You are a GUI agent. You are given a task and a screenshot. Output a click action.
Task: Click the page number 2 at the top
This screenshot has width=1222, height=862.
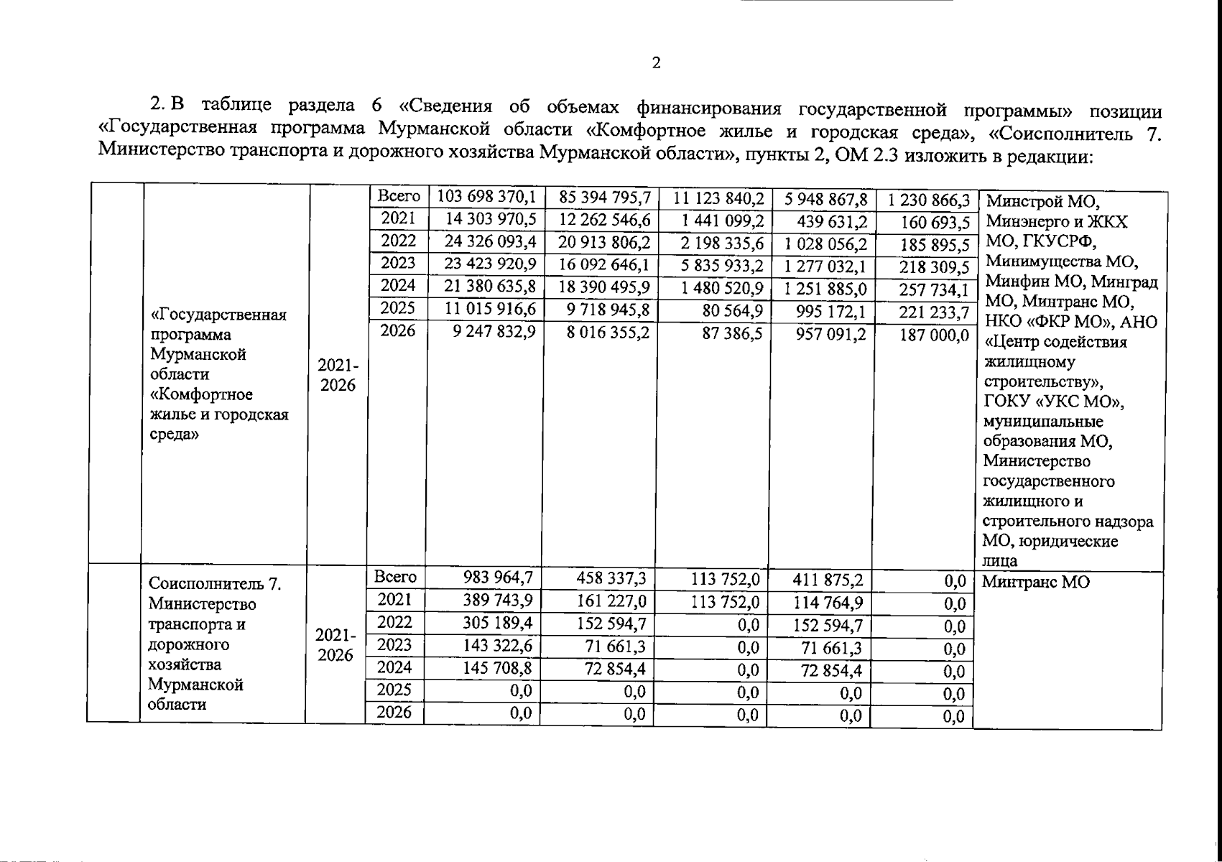[x=655, y=63]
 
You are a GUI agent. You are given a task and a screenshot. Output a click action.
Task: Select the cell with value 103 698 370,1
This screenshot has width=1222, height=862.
[x=487, y=197]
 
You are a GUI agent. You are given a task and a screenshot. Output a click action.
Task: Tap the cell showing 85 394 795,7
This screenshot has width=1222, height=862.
[x=604, y=197]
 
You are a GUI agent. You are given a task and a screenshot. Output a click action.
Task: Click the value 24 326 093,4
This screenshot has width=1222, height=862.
[x=490, y=241]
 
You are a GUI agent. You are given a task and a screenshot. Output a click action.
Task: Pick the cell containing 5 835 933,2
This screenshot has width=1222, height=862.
[x=722, y=266]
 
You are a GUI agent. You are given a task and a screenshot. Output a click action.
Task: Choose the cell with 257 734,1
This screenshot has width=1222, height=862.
[x=934, y=290]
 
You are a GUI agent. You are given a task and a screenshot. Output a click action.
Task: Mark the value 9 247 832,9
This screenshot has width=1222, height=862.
[x=494, y=333]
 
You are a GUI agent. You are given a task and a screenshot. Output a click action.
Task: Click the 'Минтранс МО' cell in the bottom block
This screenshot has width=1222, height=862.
[x=1035, y=582]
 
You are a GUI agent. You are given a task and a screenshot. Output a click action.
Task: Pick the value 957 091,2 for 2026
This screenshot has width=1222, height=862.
[x=830, y=335]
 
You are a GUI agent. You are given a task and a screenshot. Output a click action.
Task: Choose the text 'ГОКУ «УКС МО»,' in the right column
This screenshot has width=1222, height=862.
[x=1053, y=402]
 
